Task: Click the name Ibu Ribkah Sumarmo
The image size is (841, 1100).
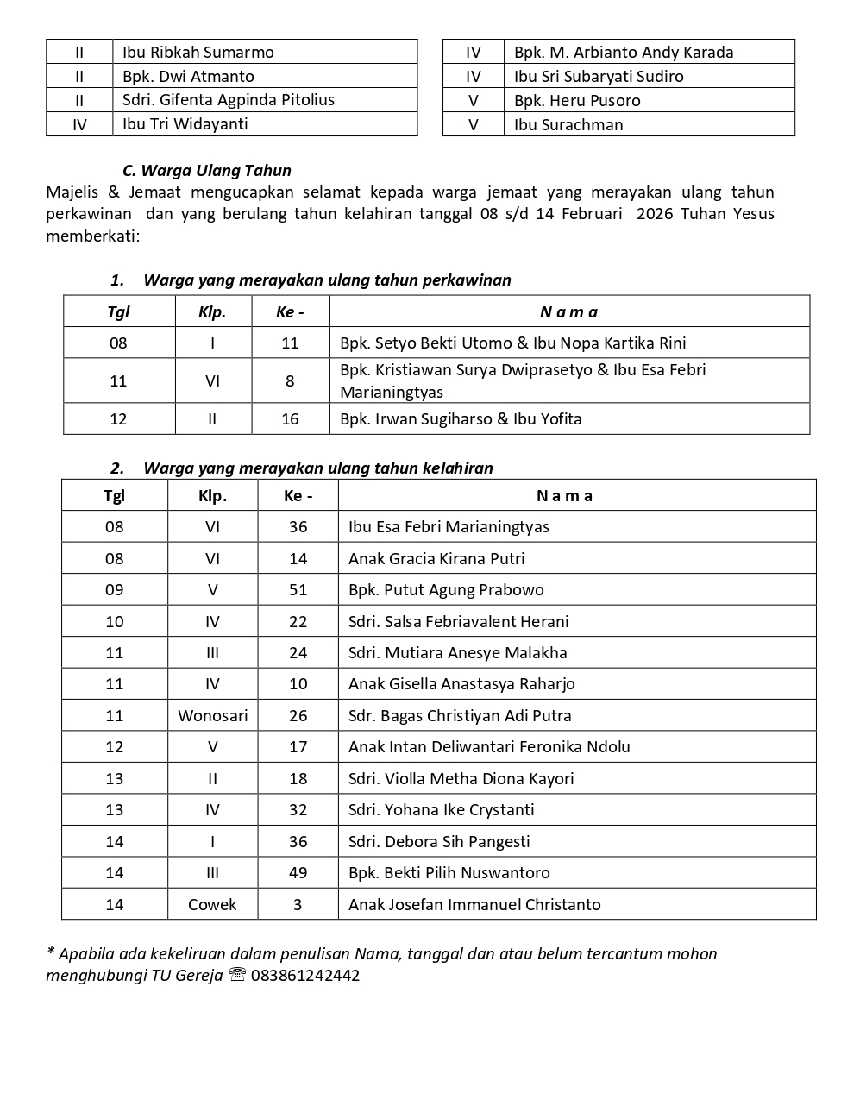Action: pos(198,52)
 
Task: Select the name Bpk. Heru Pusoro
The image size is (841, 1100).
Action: pos(577,100)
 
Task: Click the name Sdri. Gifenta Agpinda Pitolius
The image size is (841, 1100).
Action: pos(229,99)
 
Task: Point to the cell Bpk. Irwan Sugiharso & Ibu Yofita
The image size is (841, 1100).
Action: pos(461,418)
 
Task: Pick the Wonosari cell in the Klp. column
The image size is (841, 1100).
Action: pos(212,715)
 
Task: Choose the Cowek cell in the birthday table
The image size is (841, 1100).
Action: pos(212,904)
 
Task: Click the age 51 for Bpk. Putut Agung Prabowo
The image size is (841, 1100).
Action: pos(298,590)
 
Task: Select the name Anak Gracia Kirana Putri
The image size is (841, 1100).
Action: pos(436,558)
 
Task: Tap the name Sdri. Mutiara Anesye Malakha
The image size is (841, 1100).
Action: pos(458,652)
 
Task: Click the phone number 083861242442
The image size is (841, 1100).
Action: pos(305,976)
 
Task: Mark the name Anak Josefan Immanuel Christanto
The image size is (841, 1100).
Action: pos(474,904)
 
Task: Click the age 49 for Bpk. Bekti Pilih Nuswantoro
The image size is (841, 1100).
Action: pos(298,872)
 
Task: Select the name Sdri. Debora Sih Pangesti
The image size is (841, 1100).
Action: pos(439,841)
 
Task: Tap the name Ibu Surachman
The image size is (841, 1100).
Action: pos(568,124)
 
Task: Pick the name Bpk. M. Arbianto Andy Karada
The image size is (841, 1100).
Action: pos(624,52)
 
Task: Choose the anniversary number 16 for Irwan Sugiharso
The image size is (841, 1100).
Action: pos(290,418)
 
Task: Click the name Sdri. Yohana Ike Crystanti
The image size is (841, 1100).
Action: pos(442,809)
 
